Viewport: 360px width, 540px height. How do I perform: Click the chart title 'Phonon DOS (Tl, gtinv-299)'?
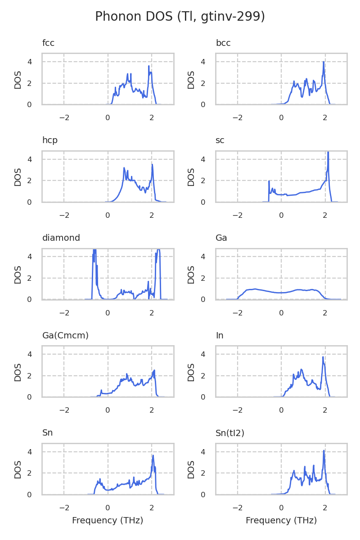[x=180, y=17]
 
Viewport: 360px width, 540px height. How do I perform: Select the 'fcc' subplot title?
[x=48, y=43]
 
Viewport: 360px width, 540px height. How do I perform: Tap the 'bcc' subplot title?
[x=223, y=43]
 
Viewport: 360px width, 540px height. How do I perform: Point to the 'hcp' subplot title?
[x=50, y=140]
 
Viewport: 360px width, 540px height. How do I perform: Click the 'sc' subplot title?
[x=220, y=140]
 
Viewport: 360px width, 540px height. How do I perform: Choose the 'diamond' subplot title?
[x=61, y=238]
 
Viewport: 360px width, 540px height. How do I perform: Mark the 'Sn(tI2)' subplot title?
[x=230, y=433]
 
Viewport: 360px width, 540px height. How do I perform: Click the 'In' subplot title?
[x=220, y=335]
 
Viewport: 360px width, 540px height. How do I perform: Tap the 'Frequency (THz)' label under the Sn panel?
[x=108, y=521]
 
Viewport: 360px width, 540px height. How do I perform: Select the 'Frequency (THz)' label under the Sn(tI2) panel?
[x=281, y=521]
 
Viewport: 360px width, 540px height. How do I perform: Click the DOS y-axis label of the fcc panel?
[x=18, y=79]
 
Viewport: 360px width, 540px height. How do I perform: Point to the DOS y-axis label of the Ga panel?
[x=191, y=274]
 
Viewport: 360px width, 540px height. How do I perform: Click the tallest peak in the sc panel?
[x=328, y=153]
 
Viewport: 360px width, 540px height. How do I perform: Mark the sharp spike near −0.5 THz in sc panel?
[x=269, y=181]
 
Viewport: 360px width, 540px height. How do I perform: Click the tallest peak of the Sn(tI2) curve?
[x=324, y=450]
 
